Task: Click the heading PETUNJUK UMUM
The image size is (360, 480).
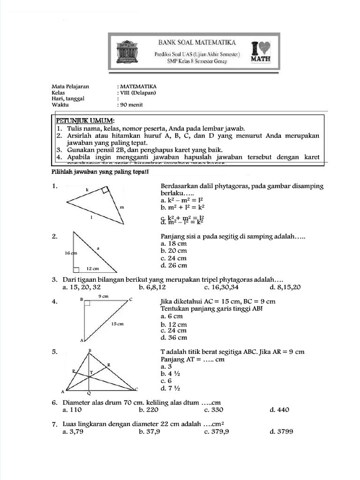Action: [82, 121]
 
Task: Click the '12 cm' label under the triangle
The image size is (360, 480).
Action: [93, 269]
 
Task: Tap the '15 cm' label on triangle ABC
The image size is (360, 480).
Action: [117, 324]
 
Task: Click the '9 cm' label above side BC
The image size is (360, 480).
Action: [104, 296]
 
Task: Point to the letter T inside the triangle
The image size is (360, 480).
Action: [92, 371]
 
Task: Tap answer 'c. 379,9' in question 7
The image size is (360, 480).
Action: [217, 432]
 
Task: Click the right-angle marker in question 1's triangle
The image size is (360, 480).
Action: [105, 190]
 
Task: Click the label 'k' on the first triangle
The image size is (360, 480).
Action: [87, 190]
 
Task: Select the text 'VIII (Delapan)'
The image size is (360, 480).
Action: [138, 92]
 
